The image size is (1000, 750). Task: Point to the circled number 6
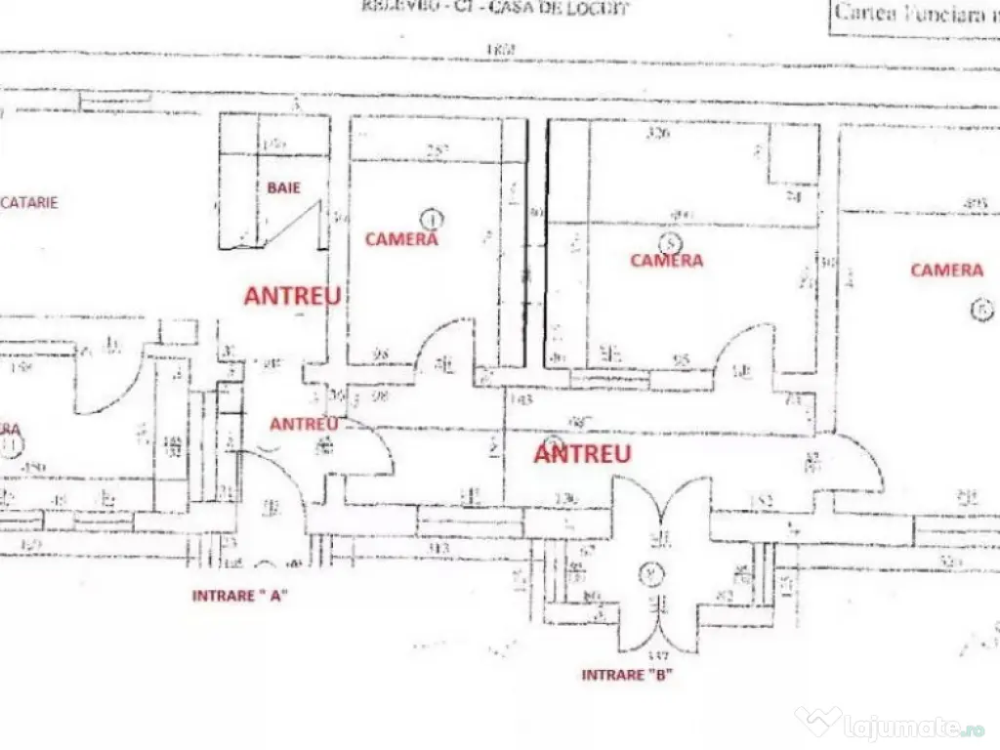[980, 310]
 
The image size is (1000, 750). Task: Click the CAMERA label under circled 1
[401, 239]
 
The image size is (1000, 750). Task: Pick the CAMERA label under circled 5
[667, 261]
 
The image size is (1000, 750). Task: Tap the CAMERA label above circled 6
[946, 270]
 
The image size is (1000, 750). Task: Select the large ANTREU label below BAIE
[293, 297]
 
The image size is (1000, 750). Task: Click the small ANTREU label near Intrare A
[304, 424]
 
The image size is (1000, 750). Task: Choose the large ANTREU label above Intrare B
[583, 454]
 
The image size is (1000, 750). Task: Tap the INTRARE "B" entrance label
[627, 675]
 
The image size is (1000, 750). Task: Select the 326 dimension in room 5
[658, 134]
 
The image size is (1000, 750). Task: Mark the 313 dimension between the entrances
[438, 550]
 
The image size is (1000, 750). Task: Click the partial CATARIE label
[29, 203]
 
